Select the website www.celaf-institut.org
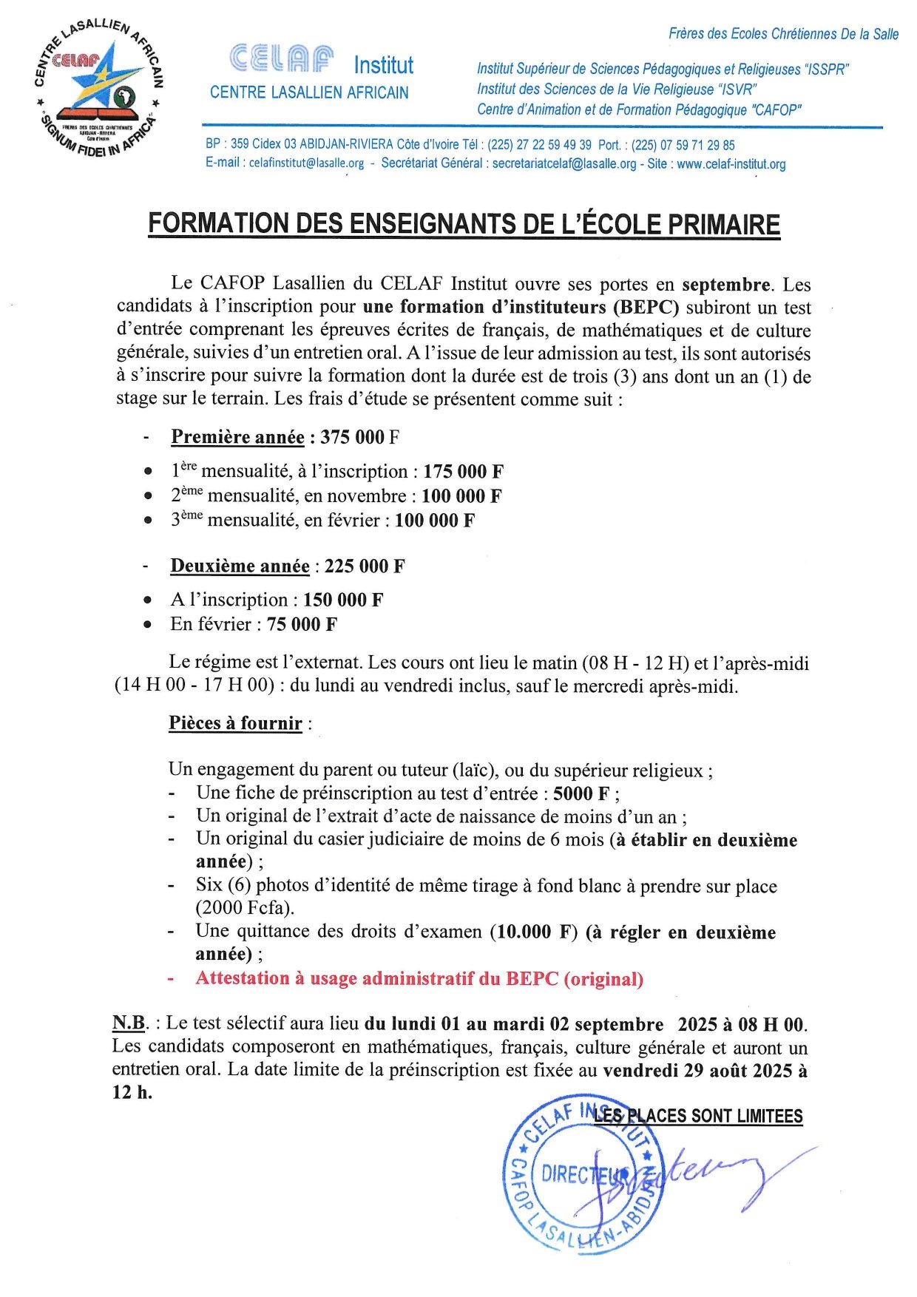click(x=731, y=164)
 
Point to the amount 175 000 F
click(x=463, y=472)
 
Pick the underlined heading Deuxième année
click(x=240, y=566)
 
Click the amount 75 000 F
click(x=302, y=624)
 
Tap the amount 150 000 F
click(x=343, y=600)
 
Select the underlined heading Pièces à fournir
click(x=235, y=723)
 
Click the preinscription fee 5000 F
click(x=581, y=793)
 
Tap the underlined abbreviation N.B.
click(x=129, y=1023)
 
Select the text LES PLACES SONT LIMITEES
click(x=698, y=1116)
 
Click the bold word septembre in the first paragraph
click(x=725, y=285)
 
